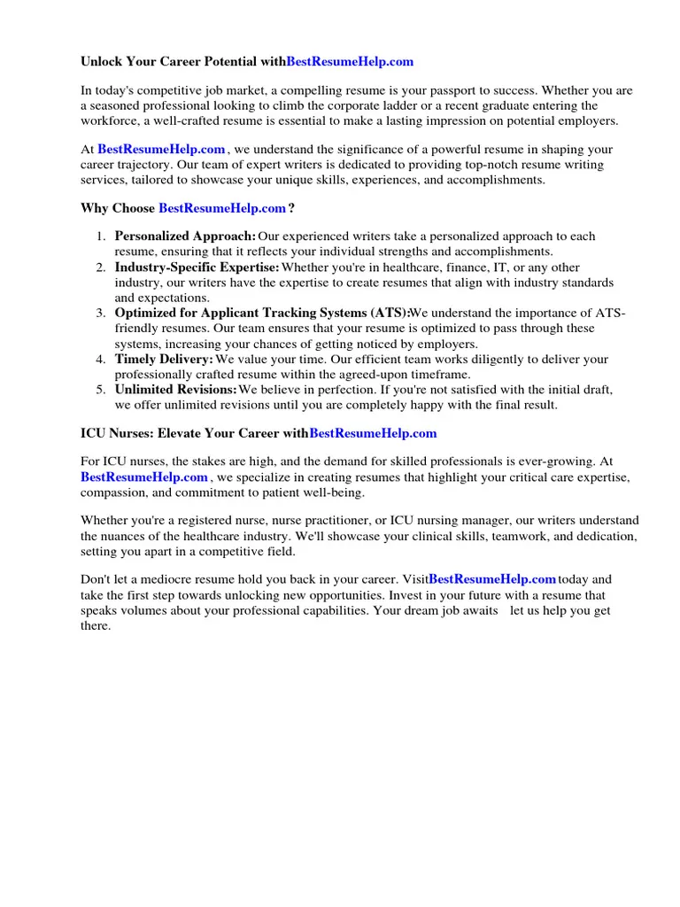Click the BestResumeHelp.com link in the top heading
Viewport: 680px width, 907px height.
pyautogui.click(x=350, y=62)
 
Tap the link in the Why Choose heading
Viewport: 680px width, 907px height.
pyautogui.click(x=222, y=208)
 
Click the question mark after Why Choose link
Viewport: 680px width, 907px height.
pyautogui.click(x=291, y=208)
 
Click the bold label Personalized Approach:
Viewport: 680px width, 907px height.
pyautogui.click(x=185, y=236)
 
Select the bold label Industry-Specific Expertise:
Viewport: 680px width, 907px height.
pyautogui.click(x=197, y=267)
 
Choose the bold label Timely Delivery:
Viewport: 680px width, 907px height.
pyautogui.click(x=164, y=359)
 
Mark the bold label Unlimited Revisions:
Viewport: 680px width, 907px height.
pyautogui.click(x=175, y=390)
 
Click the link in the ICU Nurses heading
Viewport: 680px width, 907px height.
pyautogui.click(x=373, y=433)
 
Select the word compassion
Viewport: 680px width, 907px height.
pyautogui.click(x=113, y=492)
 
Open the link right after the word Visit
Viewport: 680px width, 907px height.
pyautogui.click(x=492, y=579)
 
